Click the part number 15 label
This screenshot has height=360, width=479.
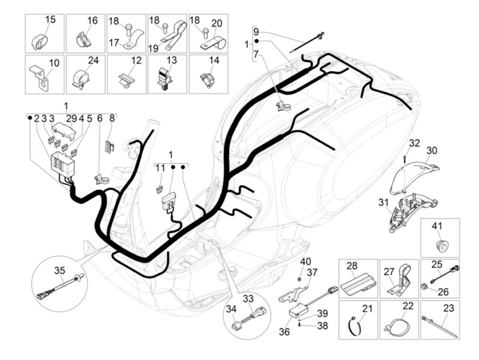tap(50, 20)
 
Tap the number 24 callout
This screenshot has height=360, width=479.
tap(93, 61)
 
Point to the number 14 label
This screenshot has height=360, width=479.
tap(214, 61)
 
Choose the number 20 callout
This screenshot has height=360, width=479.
tap(217, 23)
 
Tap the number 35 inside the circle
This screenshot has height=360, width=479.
tap(60, 271)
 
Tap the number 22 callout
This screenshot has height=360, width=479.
tap(408, 306)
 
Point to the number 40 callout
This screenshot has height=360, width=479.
tap(306, 262)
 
